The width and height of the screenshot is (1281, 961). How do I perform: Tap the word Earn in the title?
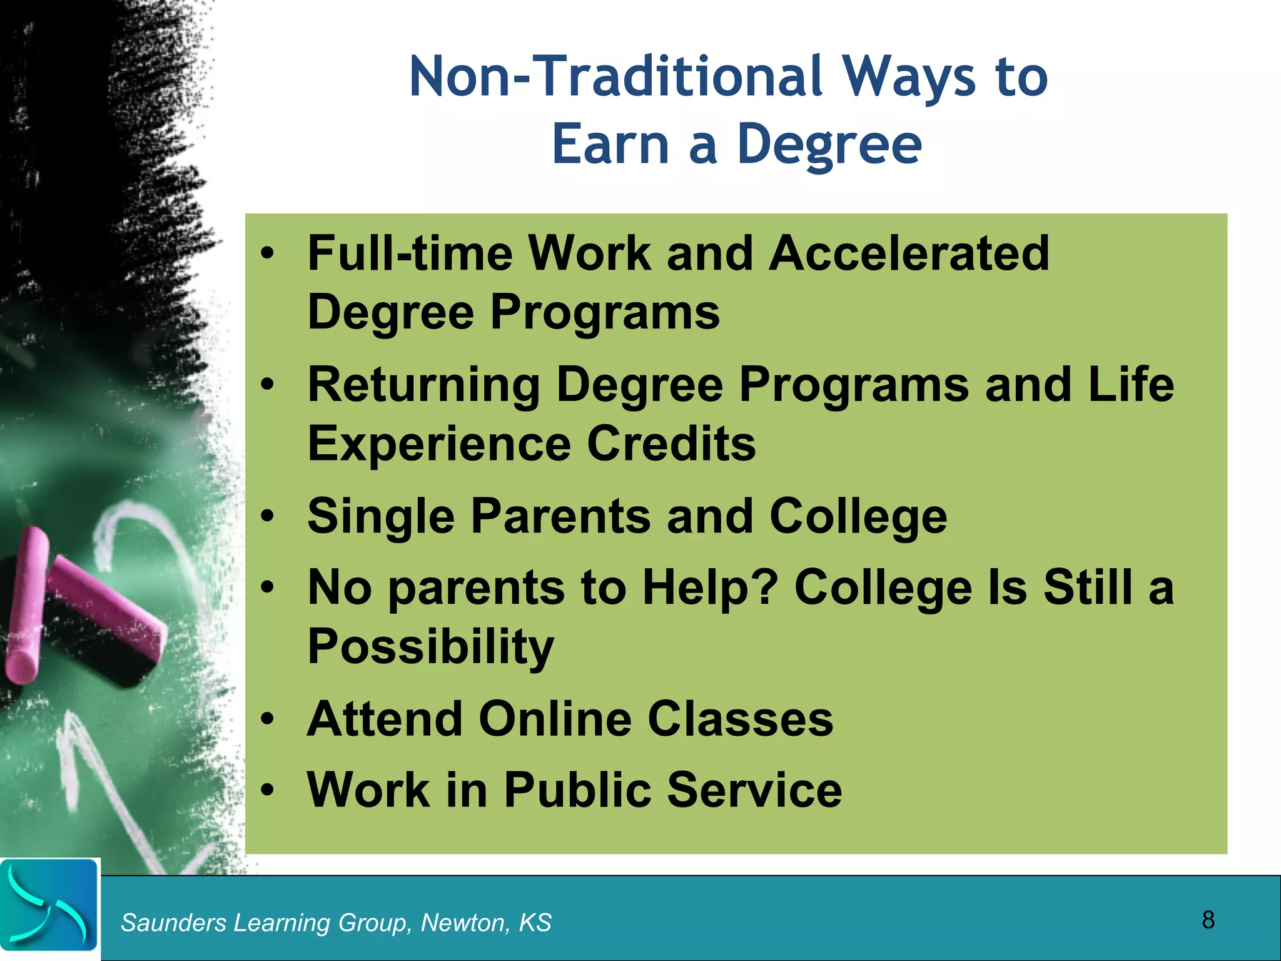610,145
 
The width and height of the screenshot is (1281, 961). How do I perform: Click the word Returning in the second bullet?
423,385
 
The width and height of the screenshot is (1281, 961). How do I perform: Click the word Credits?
671,443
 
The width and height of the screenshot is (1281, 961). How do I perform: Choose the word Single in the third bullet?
381,517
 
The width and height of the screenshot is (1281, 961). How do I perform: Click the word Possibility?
430,647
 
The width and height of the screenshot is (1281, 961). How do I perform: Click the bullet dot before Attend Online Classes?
268,720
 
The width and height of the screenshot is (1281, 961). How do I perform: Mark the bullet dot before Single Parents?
268,517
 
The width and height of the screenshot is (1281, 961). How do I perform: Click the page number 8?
1208,920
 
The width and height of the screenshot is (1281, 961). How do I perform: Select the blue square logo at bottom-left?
49,905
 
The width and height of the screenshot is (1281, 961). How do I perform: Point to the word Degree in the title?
829,145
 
